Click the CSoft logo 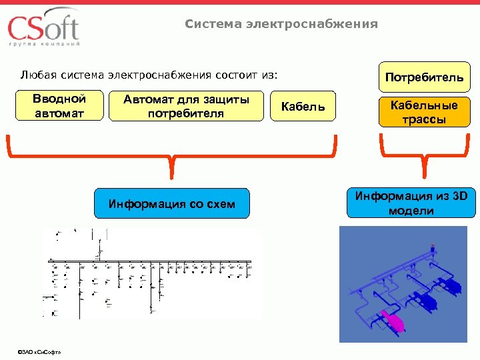(43, 28)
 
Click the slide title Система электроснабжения (281, 25)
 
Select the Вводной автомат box (60, 106)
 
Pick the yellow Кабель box (303, 107)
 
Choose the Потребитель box (424, 77)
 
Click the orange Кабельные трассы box (424, 113)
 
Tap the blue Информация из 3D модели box (411, 203)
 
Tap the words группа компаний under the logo (44, 44)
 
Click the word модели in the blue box (411, 211)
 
